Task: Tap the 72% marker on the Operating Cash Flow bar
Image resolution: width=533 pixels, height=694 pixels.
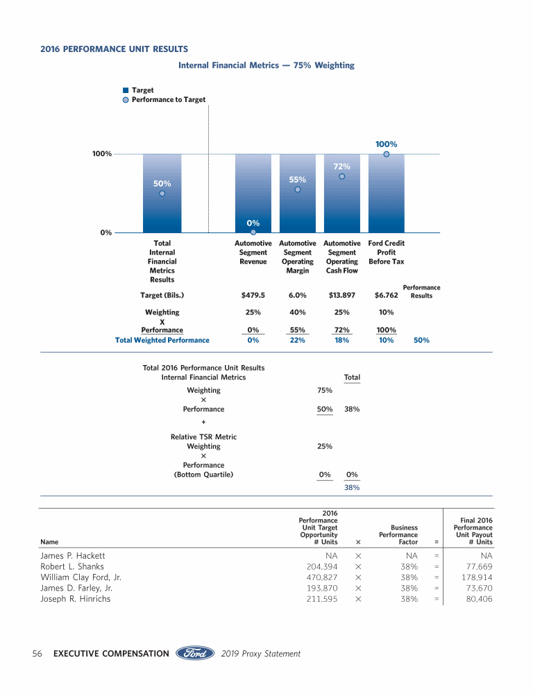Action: [342, 176]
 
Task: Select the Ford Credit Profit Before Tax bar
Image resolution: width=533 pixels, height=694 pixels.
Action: [386, 194]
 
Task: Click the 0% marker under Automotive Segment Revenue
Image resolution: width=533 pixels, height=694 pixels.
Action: [253, 232]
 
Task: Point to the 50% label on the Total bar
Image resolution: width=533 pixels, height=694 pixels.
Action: [162, 183]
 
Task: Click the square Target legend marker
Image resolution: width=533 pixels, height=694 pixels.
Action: [126, 90]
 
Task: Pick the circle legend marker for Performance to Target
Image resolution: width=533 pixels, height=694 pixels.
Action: [126, 100]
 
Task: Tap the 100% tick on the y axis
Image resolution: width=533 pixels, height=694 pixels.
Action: [102, 153]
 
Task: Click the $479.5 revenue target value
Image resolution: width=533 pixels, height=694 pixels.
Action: [253, 295]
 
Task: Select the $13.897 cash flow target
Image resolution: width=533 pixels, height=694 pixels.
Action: [342, 295]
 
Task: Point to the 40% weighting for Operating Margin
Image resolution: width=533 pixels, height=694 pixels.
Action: [298, 312]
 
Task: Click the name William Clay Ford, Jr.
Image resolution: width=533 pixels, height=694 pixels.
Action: [81, 577]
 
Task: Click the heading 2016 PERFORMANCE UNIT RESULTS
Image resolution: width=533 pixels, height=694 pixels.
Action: [114, 49]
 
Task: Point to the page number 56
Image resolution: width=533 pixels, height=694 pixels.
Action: [38, 653]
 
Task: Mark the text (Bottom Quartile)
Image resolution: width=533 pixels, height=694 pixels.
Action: [203, 475]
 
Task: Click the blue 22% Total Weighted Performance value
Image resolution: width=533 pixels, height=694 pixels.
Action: [298, 340]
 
